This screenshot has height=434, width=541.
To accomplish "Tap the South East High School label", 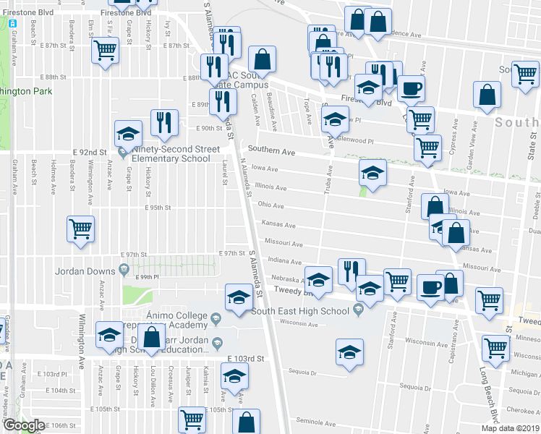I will (299, 311).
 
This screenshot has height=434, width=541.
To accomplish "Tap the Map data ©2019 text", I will (510, 428).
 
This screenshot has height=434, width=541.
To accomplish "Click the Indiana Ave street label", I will (284, 261).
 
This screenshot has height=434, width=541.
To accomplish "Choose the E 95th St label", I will (157, 208).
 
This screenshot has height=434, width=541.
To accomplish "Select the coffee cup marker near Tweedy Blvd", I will (430, 287).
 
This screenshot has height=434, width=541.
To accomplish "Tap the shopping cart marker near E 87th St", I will (105, 51).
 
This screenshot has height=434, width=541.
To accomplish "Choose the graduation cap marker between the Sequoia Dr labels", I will (349, 352).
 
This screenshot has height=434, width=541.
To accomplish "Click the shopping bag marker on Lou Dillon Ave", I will (152, 337).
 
